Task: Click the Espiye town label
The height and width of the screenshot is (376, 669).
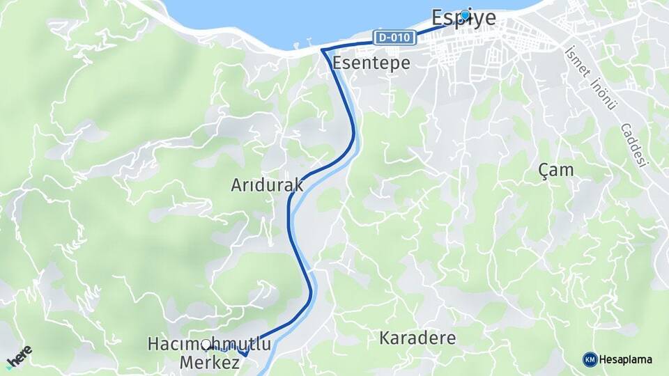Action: point(463,18)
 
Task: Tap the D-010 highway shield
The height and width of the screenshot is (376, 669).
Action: point(395,38)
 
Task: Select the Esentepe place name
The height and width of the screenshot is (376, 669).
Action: point(371,63)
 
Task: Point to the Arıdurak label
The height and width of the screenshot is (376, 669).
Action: point(267,185)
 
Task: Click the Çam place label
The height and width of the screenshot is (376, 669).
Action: point(557,169)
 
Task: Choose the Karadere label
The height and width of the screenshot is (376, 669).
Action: point(417,338)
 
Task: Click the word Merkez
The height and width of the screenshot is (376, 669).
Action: point(210,362)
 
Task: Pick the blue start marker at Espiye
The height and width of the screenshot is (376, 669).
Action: point(465,15)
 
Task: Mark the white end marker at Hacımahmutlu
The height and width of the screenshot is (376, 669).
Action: point(207,345)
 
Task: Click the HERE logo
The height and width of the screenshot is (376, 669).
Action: point(19,356)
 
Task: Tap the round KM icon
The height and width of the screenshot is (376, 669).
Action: point(590,359)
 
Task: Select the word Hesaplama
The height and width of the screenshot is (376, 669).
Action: point(626,359)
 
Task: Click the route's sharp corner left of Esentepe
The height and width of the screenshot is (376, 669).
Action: point(323,50)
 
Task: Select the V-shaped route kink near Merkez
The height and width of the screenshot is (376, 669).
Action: point(245,354)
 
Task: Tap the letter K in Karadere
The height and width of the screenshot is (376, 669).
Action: point(384,339)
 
